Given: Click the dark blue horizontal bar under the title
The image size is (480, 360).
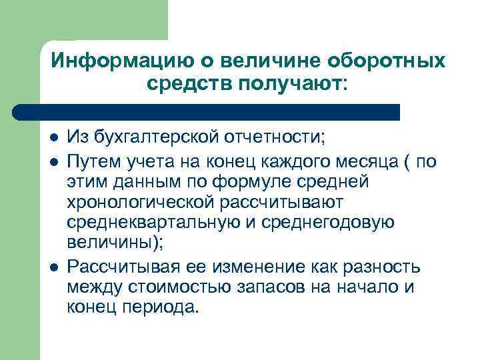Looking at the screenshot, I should [x=207, y=111].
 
